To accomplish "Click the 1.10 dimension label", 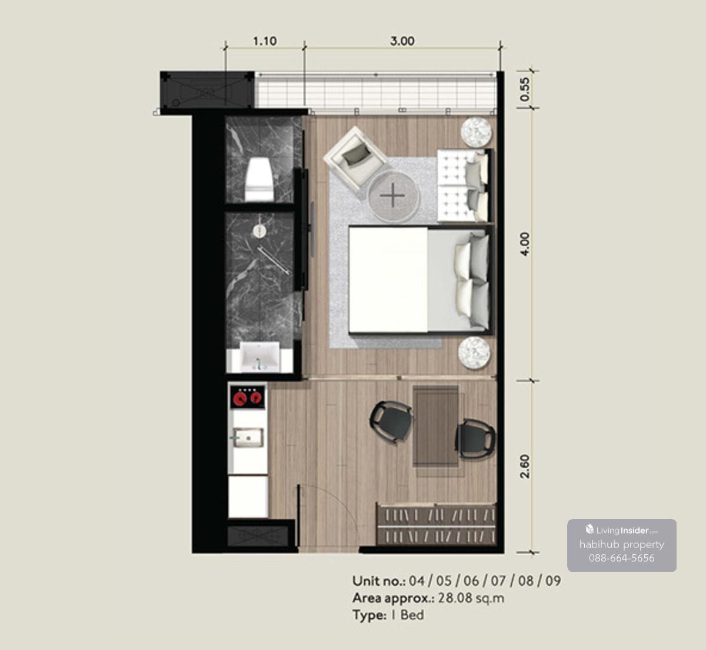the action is (265, 41).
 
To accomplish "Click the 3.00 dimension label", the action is (402, 41).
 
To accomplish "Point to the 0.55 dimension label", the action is (524, 89).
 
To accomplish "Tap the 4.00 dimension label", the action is (524, 244).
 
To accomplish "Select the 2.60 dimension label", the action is (524, 466).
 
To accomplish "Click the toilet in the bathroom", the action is (259, 179).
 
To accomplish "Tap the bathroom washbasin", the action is (260, 356).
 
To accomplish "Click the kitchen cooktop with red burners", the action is (248, 397).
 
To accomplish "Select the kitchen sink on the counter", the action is (248, 438).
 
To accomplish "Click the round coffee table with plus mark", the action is (394, 196).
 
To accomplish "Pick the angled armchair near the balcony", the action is (355, 158).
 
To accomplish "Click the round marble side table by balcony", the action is (476, 132).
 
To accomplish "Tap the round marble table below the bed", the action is (474, 353).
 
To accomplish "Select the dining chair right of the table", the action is (475, 439).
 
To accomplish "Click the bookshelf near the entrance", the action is (437, 524).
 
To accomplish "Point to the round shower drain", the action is (259, 231).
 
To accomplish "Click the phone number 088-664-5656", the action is (621, 558).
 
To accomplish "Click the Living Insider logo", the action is (622, 529).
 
